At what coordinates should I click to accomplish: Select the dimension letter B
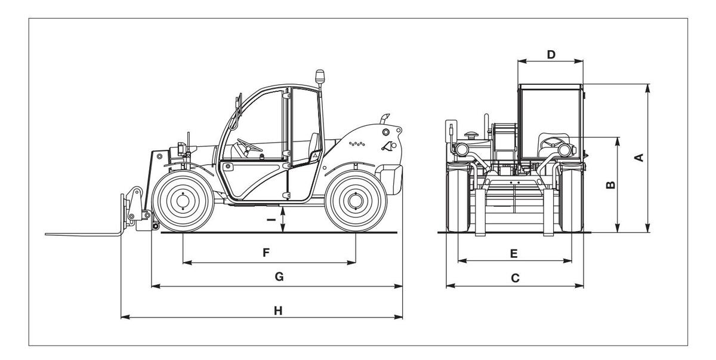610,185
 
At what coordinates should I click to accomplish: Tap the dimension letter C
515,278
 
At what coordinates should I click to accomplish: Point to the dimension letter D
551,55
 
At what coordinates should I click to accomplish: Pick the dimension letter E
514,254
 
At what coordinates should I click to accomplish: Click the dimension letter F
266,253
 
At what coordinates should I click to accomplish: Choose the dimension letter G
279,276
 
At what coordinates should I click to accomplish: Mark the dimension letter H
278,310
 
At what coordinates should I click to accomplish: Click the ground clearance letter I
271,220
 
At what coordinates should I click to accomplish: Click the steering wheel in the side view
249,146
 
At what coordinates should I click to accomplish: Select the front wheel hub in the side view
183,201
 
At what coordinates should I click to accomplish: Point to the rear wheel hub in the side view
355,201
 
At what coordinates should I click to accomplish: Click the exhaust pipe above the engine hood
384,119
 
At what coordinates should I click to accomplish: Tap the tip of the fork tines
46,234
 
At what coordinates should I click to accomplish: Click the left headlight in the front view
461,149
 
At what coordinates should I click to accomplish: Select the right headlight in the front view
565,150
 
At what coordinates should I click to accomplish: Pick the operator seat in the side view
314,146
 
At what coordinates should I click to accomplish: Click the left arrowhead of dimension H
125,317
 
